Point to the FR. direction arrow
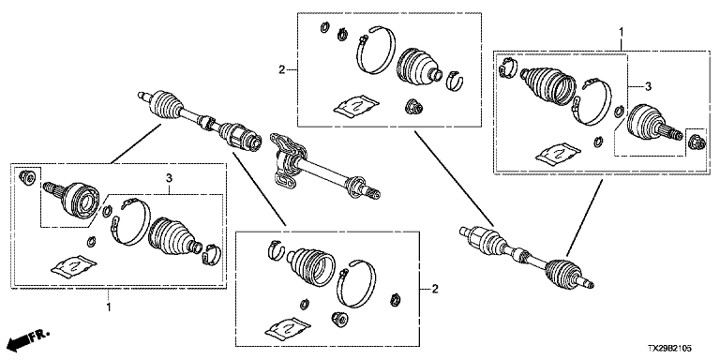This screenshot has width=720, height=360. [28, 338]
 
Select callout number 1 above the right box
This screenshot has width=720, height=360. [622, 32]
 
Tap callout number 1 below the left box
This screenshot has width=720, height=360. [109, 307]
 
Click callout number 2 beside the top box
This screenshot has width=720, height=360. [281, 69]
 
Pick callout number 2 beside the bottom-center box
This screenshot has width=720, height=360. [435, 289]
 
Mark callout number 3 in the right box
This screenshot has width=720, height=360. [648, 86]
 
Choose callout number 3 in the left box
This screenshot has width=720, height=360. [169, 177]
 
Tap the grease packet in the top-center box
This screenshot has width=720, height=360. [356, 105]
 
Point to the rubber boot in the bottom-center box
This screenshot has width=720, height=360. [312, 267]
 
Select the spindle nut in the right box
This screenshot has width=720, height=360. [696, 142]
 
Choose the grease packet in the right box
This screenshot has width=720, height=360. [559, 153]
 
